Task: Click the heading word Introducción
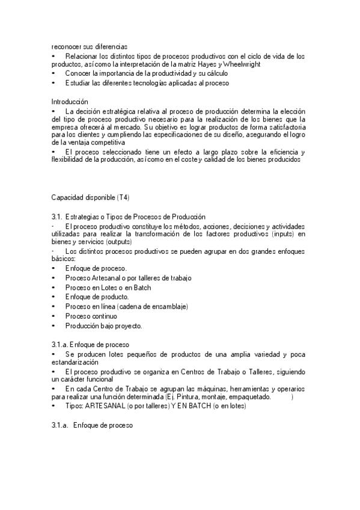[x=70, y=102]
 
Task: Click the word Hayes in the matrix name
[x=237, y=64]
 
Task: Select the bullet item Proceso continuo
[x=91, y=316]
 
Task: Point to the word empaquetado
[x=251, y=398]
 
